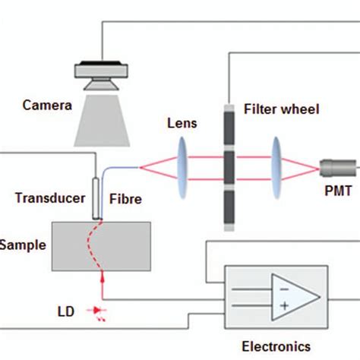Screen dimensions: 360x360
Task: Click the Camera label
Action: pos(47,106)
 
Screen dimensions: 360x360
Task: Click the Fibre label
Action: pos(125,199)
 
